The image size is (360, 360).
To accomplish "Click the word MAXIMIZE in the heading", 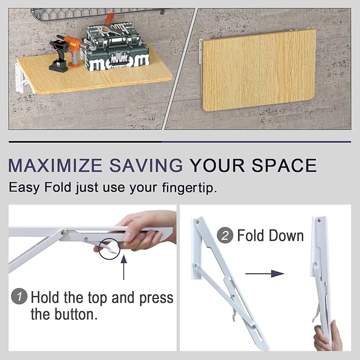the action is (x=55, y=165).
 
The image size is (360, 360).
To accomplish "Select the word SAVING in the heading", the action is (x=146, y=165).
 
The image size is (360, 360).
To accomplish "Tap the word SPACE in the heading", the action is (x=284, y=165).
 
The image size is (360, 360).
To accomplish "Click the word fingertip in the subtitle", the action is (x=189, y=188).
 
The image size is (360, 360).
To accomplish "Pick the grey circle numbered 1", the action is (x=19, y=296).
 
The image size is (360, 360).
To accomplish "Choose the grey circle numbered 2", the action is (x=225, y=235).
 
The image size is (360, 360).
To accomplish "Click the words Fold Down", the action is (x=270, y=235).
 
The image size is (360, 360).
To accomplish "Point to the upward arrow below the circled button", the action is (x=124, y=267).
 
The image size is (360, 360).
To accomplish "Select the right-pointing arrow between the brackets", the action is (x=265, y=274).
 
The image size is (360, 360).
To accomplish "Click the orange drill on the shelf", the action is (x=74, y=51).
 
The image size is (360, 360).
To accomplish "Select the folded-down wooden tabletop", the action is (x=259, y=70).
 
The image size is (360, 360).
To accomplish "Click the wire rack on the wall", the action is (x=101, y=14).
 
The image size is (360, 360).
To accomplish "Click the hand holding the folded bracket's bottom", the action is (x=327, y=336).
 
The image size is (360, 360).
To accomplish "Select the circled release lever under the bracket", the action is (x=110, y=249).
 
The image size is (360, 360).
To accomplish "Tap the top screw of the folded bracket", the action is (x=319, y=220).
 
